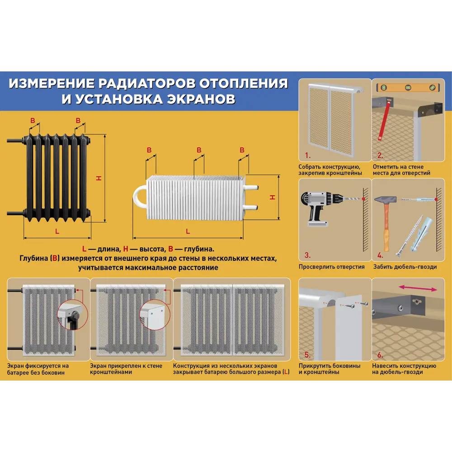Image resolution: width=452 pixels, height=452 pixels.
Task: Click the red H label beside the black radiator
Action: tap(99, 179)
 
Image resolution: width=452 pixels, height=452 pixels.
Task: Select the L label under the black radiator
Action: tap(57, 231)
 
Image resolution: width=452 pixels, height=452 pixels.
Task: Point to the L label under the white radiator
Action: tap(188, 231)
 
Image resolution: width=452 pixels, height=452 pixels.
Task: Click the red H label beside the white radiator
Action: tap(272, 197)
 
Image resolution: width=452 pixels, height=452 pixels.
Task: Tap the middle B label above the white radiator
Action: tap(198, 150)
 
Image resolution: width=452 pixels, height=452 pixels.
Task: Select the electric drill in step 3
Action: tap(319, 206)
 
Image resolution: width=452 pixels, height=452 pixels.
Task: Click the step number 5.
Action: tap(307, 354)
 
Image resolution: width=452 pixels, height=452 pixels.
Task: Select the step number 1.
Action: tap(307, 155)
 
